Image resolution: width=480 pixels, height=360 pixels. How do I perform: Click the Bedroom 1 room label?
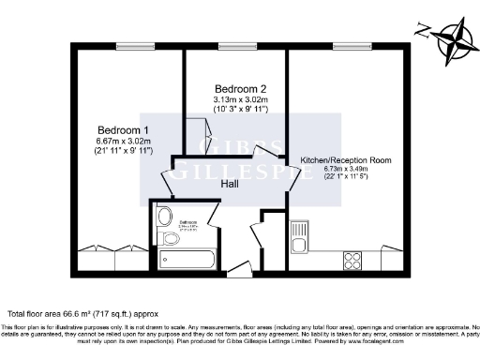pyautogui.click(x=123, y=128)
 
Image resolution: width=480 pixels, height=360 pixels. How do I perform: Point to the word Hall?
pyautogui.click(x=229, y=184)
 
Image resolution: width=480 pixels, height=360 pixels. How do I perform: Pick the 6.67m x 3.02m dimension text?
pyautogui.click(x=123, y=141)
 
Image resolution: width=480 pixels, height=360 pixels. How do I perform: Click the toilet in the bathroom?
pyautogui.click(x=170, y=238)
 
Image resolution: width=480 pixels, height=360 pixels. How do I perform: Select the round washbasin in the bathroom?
pyautogui.click(x=165, y=213)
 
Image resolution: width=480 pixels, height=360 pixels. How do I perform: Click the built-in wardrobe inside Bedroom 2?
pyautogui.click(x=200, y=130)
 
